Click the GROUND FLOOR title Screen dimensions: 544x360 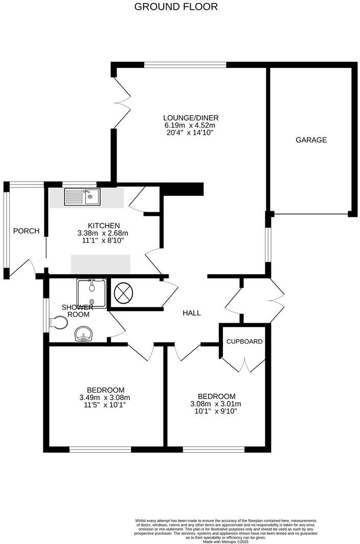(x=176, y=7)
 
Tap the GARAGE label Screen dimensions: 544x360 (x=311, y=140)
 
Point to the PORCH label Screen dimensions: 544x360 (x=26, y=231)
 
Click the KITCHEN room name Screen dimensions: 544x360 (x=104, y=225)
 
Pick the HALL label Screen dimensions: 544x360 (x=192, y=313)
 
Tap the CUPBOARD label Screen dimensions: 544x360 (x=244, y=342)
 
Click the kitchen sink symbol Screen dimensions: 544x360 (x=82, y=196)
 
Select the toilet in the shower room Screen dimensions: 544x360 (x=60, y=322)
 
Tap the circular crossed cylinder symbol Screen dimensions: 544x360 (x=123, y=293)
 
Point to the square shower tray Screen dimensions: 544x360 (x=91, y=293)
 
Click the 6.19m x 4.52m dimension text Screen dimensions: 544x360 (x=190, y=125)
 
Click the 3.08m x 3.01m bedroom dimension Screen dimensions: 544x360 (x=216, y=403)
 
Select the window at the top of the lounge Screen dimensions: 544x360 (x=185, y=65)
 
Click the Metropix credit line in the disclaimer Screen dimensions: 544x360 (x=226, y=541)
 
